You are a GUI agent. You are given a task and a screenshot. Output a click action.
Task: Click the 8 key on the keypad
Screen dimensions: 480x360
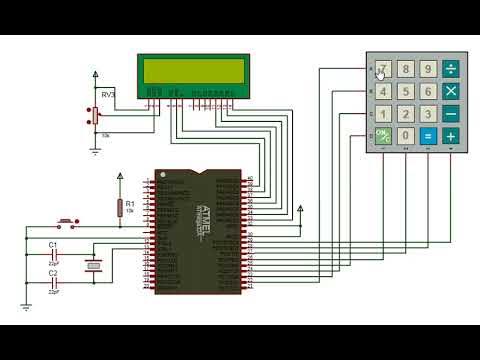coord(406,69)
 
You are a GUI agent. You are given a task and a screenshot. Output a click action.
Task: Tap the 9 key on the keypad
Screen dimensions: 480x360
coord(428,69)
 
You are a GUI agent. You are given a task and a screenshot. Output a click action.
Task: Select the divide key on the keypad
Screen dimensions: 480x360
coord(451,69)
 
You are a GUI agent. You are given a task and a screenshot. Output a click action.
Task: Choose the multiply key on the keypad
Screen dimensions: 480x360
coord(451,91)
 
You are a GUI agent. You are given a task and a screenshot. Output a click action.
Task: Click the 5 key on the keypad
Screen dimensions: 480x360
coord(406,91)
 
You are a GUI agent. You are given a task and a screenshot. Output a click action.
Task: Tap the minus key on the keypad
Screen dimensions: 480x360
coord(451,113)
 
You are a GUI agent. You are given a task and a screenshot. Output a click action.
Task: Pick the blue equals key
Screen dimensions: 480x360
coord(428,135)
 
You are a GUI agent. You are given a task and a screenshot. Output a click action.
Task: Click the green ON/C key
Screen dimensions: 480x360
coord(383,135)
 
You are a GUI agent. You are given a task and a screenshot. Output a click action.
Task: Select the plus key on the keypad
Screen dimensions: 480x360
coord(451,135)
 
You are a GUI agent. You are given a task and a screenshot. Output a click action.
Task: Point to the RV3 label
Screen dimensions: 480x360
coord(108,93)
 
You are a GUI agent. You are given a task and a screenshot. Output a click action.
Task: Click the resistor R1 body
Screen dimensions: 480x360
coord(119,207)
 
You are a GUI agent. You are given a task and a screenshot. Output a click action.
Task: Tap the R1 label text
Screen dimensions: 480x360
coord(129,203)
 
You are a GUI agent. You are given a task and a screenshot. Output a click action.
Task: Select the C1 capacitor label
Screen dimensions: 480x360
coord(54,244)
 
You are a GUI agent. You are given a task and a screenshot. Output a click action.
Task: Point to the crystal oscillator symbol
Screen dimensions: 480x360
coord(94,264)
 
